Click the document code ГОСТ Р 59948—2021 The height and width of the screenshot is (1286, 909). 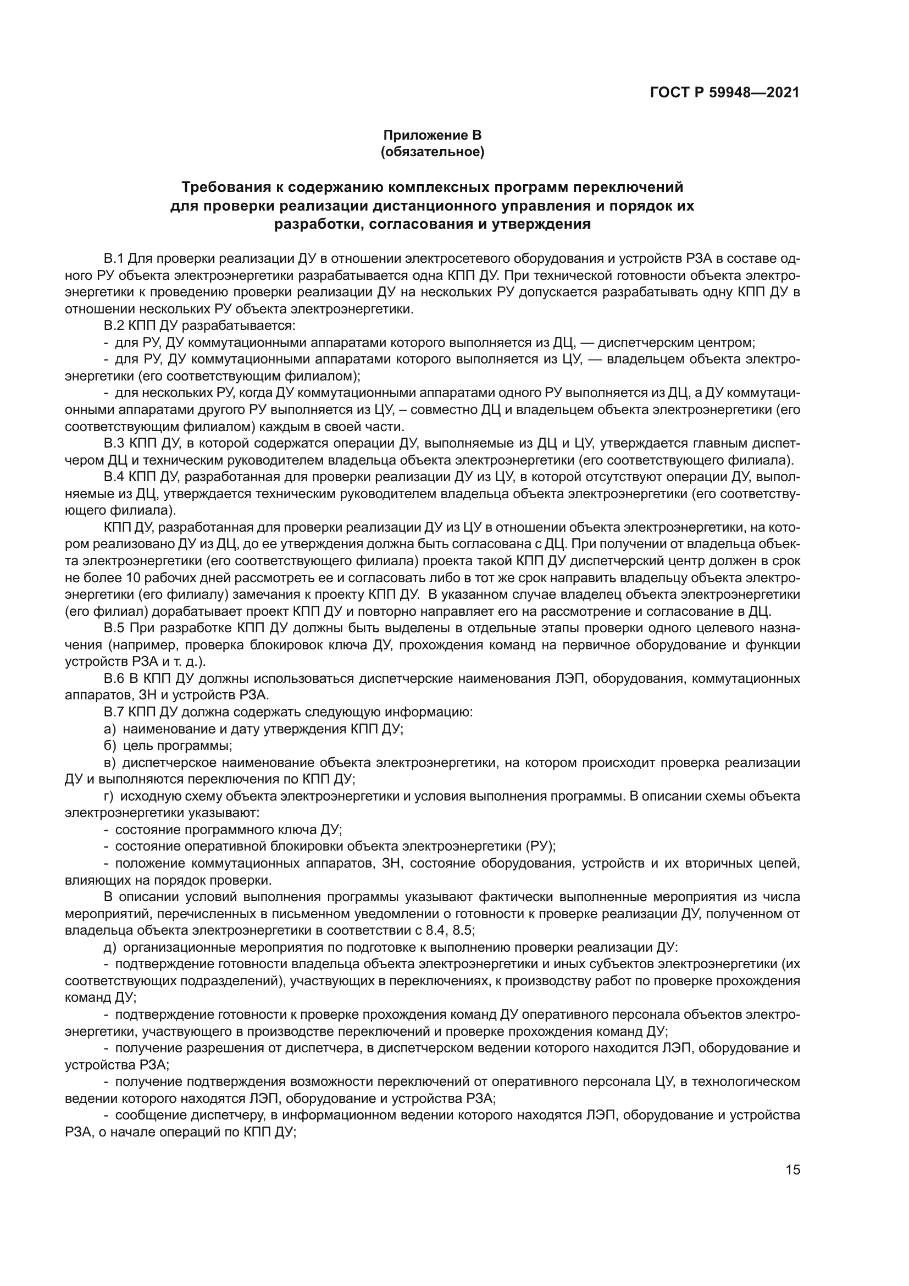[724, 92]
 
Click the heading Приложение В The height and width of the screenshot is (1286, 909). [432, 135]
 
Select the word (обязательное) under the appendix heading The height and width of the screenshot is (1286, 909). [432, 152]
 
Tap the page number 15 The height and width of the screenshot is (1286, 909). [793, 1154]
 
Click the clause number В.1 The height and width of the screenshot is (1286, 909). [113, 259]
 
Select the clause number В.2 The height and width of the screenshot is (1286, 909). [113, 326]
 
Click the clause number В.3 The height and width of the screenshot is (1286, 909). [113, 444]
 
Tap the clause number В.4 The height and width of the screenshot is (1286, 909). [113, 477]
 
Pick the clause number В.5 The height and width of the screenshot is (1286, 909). [113, 628]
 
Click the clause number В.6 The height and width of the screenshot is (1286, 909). [113, 679]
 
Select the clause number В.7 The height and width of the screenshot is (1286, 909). [113, 713]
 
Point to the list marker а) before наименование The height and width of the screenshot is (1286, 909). [109, 729]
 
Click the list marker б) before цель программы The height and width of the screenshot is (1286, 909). [109, 746]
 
